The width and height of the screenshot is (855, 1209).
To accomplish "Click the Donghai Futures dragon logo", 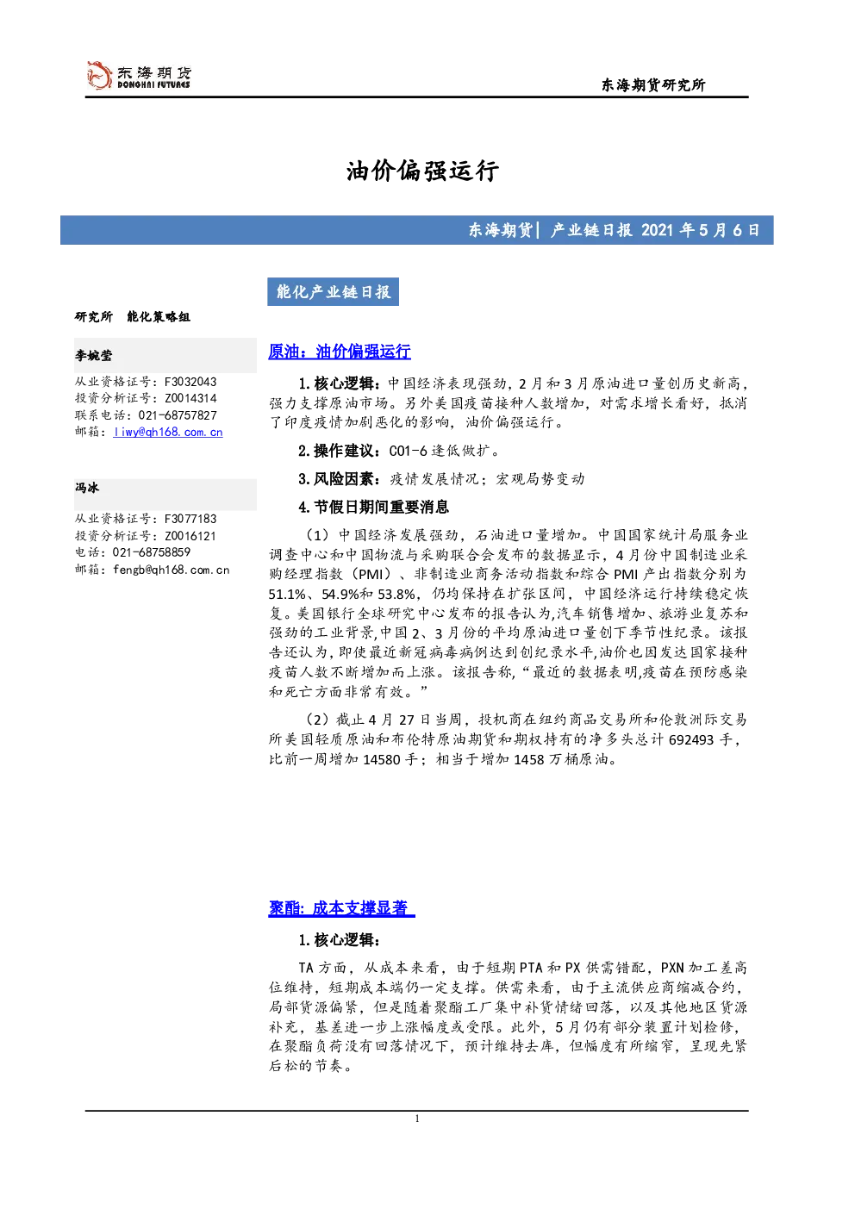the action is tap(99, 75).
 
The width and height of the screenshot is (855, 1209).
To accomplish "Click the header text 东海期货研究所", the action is tap(653, 84).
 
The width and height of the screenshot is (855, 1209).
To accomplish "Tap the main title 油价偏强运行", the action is tap(422, 171).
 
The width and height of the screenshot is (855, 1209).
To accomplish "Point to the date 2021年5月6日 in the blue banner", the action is tap(700, 230).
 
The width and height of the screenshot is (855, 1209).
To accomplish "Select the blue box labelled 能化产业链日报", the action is tap(333, 292).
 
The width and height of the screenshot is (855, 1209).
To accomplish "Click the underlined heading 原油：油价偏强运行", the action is tap(340, 352).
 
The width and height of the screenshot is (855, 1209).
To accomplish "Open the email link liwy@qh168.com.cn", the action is tap(168, 433).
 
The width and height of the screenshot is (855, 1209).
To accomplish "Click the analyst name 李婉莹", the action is tap(93, 355).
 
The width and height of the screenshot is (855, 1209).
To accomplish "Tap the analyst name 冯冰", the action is tap(87, 488).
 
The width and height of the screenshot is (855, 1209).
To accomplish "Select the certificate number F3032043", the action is tap(190, 382).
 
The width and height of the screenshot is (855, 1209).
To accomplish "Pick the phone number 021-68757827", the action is tap(178, 415).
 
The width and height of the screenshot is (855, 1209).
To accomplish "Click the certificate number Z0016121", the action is tap(190, 536).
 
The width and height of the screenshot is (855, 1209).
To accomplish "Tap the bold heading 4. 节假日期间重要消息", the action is tap(373, 508).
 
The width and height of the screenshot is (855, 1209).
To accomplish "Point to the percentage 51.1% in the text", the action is tap(287, 595).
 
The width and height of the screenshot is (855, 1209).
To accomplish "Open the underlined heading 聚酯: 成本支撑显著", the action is tap(341, 908).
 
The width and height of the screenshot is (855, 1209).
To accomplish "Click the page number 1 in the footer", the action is tap(416, 1119).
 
